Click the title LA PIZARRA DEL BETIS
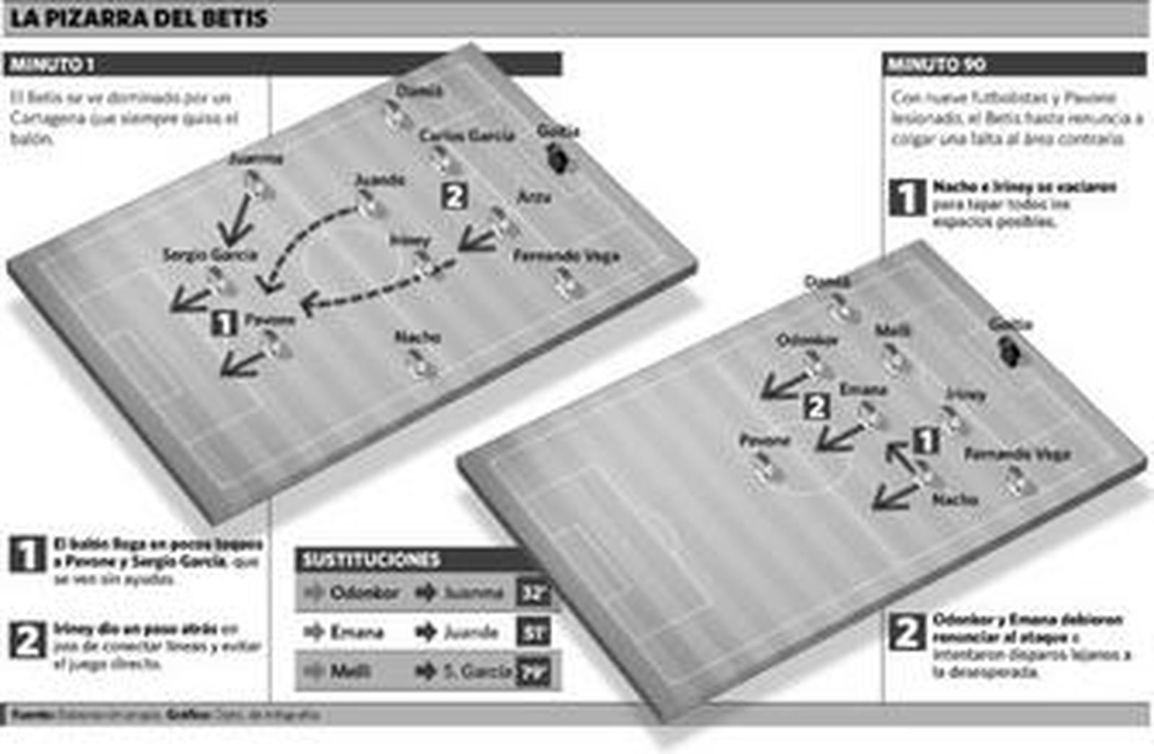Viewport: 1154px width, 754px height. pos(138,18)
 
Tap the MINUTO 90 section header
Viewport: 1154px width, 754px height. pos(936,65)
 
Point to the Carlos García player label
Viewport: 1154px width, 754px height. pos(467,136)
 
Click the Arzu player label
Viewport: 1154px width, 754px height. pos(534,197)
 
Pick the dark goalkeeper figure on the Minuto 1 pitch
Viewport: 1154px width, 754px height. pos(557,158)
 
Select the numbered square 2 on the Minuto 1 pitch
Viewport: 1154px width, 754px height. pos(454,196)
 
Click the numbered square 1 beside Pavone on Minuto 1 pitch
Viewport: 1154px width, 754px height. pos(224,322)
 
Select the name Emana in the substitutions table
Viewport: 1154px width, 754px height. pos(357,633)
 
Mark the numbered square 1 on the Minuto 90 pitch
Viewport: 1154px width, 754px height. pos(926,441)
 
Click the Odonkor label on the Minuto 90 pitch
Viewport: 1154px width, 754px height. pos(807,340)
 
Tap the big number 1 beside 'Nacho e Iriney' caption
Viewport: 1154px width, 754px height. pos(907,197)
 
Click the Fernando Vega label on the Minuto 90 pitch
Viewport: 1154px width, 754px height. pos(1017,454)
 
